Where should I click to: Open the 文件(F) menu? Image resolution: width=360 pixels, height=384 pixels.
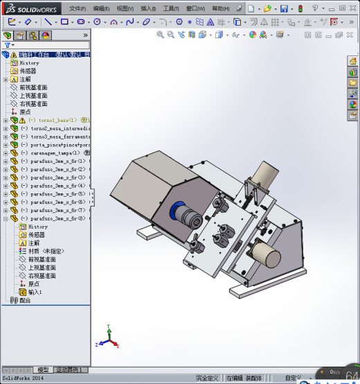click(x=78, y=8)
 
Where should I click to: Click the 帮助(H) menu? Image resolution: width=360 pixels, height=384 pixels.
click(x=220, y=8)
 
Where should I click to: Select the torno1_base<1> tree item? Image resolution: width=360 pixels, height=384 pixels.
click(x=55, y=120)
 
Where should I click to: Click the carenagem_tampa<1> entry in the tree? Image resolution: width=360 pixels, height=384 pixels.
click(x=56, y=153)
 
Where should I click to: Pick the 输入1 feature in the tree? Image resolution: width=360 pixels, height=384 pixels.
click(x=35, y=292)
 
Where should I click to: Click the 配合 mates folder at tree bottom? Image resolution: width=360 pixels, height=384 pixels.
click(x=24, y=300)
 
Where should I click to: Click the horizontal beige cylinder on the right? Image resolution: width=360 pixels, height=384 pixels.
click(x=266, y=255)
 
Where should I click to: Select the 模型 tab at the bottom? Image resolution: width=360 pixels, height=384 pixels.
click(x=43, y=370)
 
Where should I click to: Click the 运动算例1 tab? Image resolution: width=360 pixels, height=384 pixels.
click(x=69, y=370)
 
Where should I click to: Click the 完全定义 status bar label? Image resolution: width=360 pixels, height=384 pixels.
click(x=206, y=378)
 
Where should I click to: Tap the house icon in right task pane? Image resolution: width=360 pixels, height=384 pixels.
click(x=352, y=71)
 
